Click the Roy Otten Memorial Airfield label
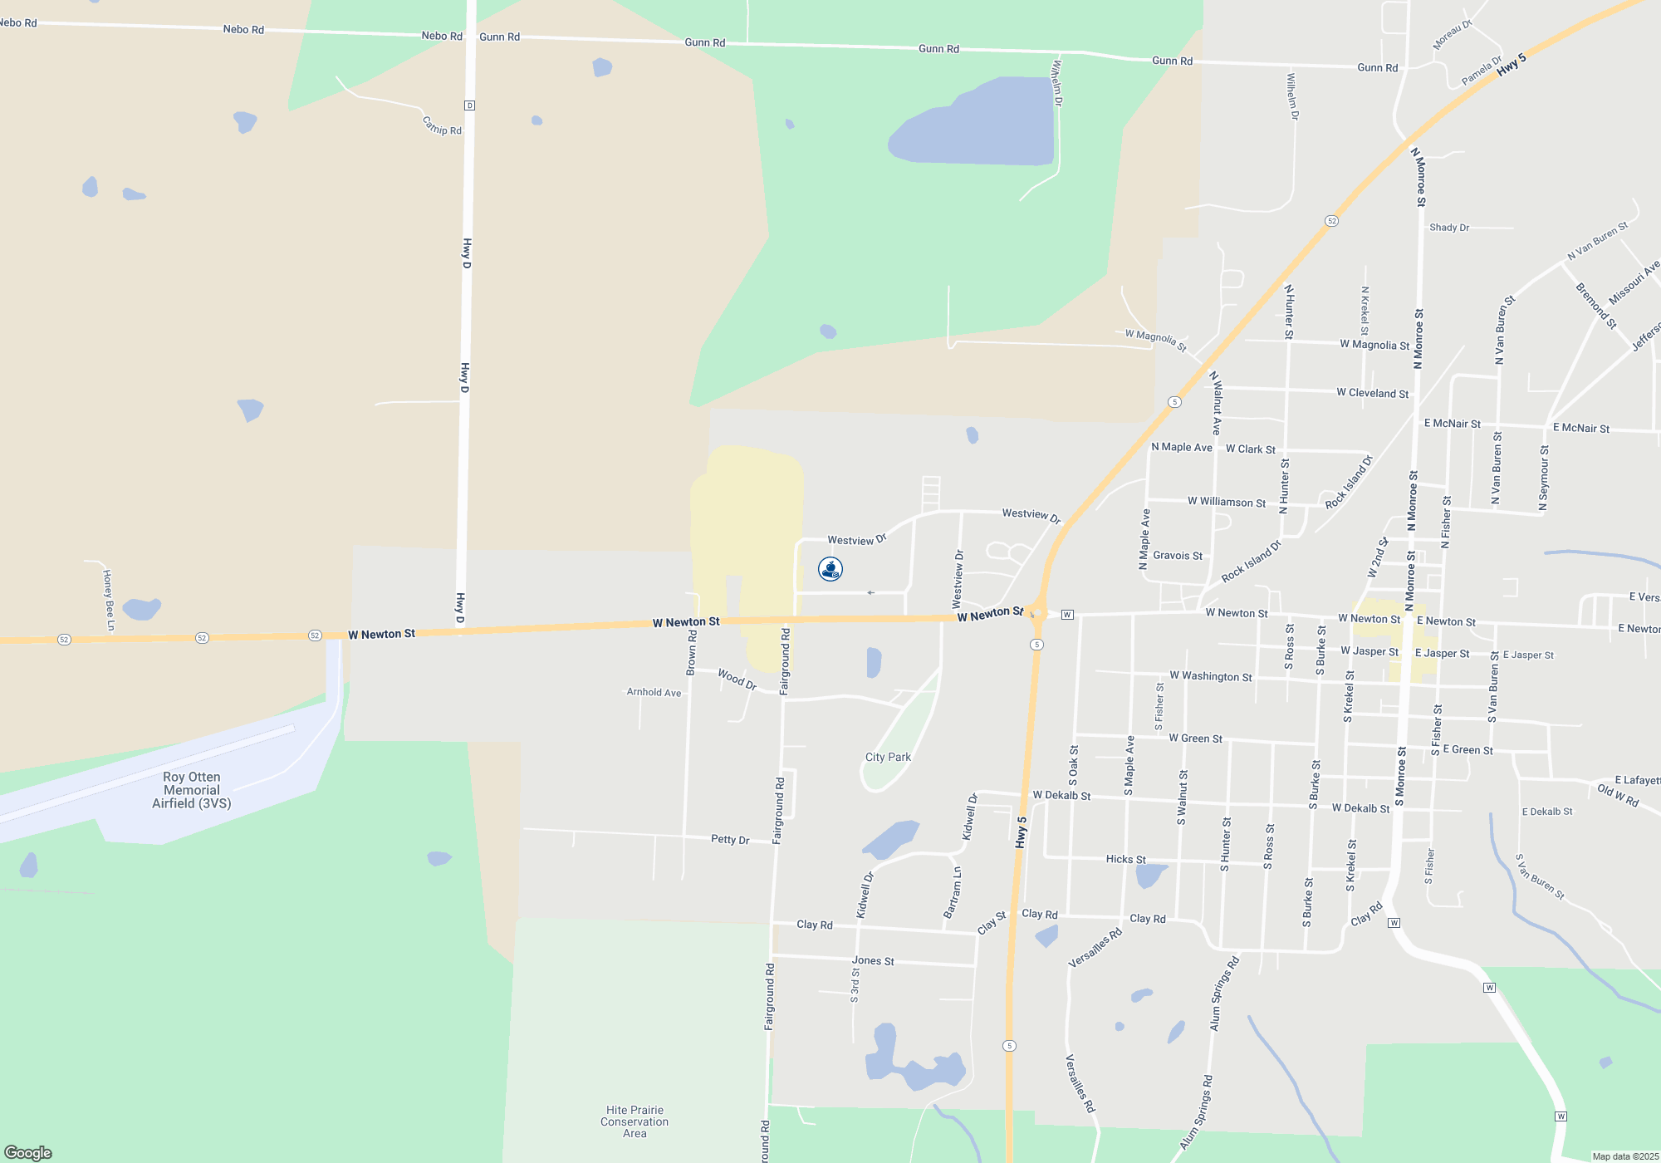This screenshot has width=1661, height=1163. point(192,790)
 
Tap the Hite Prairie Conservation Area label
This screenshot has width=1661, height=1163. point(635,1121)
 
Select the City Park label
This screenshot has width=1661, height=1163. point(888,757)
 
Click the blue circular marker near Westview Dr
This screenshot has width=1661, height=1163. point(830,568)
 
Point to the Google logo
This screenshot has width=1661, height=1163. point(28,1152)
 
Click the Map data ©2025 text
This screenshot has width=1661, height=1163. point(1625,1156)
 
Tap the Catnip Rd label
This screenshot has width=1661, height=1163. point(442,126)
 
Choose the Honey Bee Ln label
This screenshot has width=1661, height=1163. point(108,599)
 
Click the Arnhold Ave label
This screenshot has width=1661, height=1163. point(654,692)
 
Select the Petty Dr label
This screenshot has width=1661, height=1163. point(730,839)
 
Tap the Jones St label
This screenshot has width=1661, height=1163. point(873,960)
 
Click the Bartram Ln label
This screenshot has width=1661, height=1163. point(953,892)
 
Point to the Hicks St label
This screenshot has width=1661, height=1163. point(1125,859)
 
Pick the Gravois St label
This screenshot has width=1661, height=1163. point(1178,556)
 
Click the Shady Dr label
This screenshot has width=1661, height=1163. point(1449,227)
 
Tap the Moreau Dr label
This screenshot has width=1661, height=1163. point(1453,35)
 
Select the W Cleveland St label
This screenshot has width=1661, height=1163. point(1372,393)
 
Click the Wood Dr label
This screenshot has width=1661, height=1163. point(737,680)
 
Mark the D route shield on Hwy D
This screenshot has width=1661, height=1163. point(470,106)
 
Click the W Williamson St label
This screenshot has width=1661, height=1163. point(1227,502)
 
